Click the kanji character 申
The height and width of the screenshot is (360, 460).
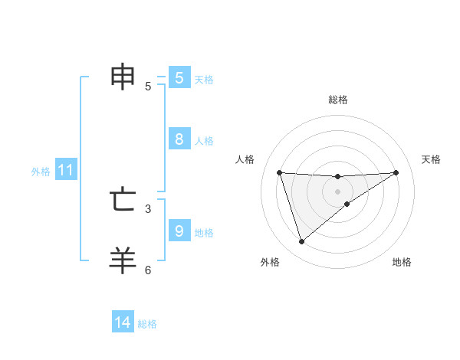pyautogui.click(x=123, y=77)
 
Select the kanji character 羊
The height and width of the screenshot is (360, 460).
pyautogui.click(x=123, y=260)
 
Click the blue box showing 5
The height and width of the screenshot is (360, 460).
pyautogui.click(x=179, y=78)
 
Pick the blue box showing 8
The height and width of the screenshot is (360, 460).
pyautogui.click(x=179, y=139)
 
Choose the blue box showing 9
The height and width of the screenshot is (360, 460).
pyautogui.click(x=179, y=230)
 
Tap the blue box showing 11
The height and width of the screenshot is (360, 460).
pyautogui.click(x=65, y=171)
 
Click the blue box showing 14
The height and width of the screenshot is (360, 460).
pyautogui.click(x=123, y=322)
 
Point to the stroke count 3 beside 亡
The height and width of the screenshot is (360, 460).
pyautogui.click(x=148, y=208)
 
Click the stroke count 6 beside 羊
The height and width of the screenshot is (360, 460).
pyautogui.click(x=148, y=270)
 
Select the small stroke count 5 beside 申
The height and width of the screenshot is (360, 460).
pyautogui.click(x=148, y=87)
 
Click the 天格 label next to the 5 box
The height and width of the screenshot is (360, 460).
pyautogui.click(x=204, y=80)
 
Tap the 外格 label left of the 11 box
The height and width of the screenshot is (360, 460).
pyautogui.click(x=41, y=172)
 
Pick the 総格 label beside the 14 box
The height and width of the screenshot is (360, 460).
pyautogui.click(x=147, y=324)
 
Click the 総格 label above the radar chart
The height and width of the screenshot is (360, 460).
pyautogui.click(x=338, y=100)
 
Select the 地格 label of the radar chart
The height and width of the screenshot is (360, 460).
pyautogui.click(x=402, y=262)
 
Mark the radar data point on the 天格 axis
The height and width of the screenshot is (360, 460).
pyautogui.click(x=396, y=172)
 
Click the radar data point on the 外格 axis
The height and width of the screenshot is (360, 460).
pyautogui.click(x=302, y=242)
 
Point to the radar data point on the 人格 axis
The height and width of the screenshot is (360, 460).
pyautogui.click(x=279, y=172)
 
